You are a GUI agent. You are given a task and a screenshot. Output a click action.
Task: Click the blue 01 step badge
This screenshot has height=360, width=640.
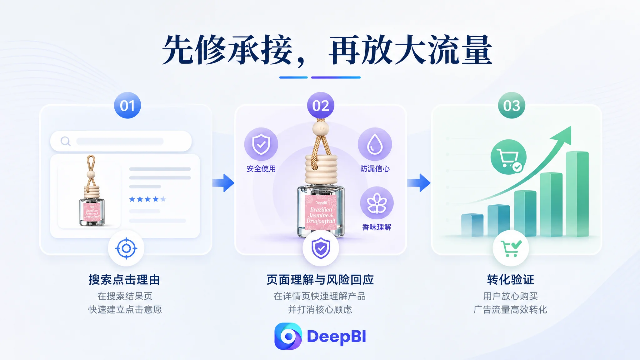point(127,105)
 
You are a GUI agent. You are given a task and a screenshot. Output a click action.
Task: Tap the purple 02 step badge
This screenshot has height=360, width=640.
point(321,105)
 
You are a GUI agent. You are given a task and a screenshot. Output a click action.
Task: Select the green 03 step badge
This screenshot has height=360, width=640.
point(512,105)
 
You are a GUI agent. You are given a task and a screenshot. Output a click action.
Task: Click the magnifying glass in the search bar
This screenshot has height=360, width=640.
point(66,141)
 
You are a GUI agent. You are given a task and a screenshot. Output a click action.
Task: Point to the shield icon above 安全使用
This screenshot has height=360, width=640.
point(261,144)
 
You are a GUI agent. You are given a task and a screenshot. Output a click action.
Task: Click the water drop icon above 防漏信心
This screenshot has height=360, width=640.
point(375,144)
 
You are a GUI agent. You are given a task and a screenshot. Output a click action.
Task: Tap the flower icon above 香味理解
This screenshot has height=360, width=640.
point(377,203)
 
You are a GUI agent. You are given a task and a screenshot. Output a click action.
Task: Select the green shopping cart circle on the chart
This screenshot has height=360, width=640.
point(508,157)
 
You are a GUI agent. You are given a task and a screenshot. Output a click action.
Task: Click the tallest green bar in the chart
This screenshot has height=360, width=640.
point(577,194)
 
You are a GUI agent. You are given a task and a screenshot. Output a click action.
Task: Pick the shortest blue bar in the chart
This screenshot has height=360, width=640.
point(472,225)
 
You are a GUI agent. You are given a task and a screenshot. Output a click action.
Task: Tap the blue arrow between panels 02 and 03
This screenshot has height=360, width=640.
point(419,183)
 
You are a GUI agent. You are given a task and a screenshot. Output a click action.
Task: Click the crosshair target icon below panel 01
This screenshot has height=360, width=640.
point(126,248)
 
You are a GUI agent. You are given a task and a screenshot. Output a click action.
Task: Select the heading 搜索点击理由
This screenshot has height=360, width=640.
point(124,280)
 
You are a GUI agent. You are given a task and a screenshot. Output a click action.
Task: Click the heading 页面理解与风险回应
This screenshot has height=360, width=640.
point(320,280)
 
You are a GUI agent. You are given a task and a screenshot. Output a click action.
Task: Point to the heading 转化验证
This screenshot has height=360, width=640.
point(511,280)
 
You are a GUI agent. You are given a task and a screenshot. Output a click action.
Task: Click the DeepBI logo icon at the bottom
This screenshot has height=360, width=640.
point(288,336)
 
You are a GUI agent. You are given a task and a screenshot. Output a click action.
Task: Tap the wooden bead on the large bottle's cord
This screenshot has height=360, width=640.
point(321,128)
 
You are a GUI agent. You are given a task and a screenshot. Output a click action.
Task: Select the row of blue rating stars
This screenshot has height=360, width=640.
point(147,199)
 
